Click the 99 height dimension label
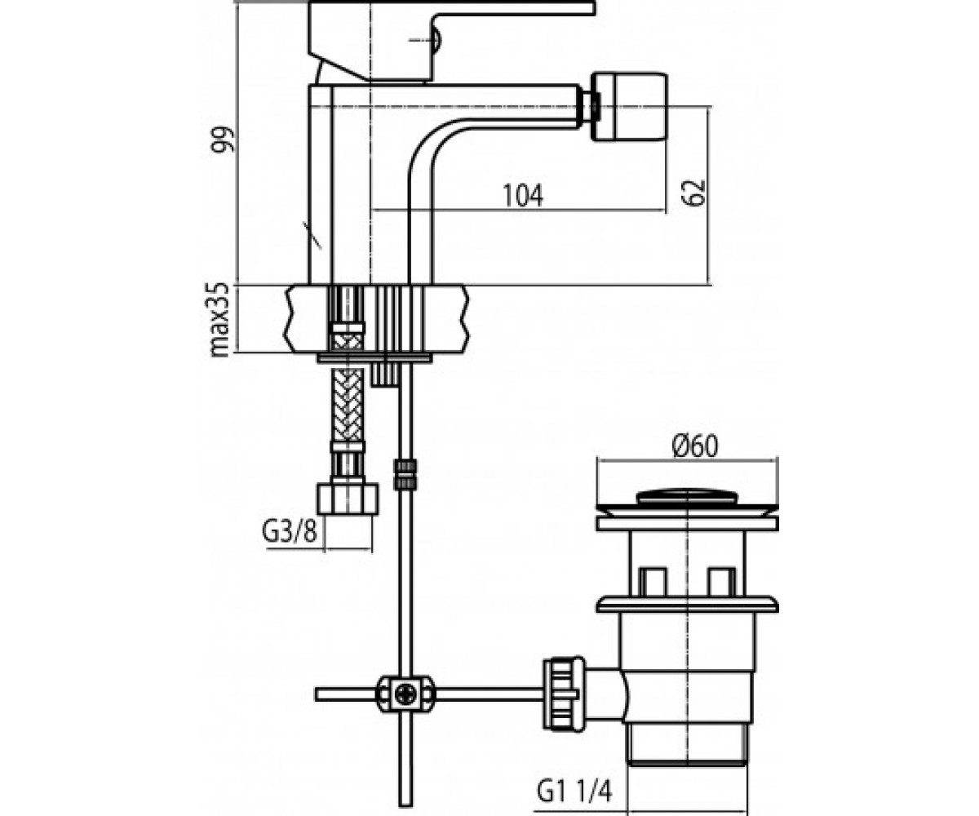point(222,140)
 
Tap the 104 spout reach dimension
point(523,195)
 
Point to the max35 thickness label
point(219,321)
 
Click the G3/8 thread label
point(290,532)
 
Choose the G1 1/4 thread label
point(574,789)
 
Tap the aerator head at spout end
point(628,106)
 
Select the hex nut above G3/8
point(348,500)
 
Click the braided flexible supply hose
point(348,406)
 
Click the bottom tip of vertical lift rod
point(405,805)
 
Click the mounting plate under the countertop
point(374,359)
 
